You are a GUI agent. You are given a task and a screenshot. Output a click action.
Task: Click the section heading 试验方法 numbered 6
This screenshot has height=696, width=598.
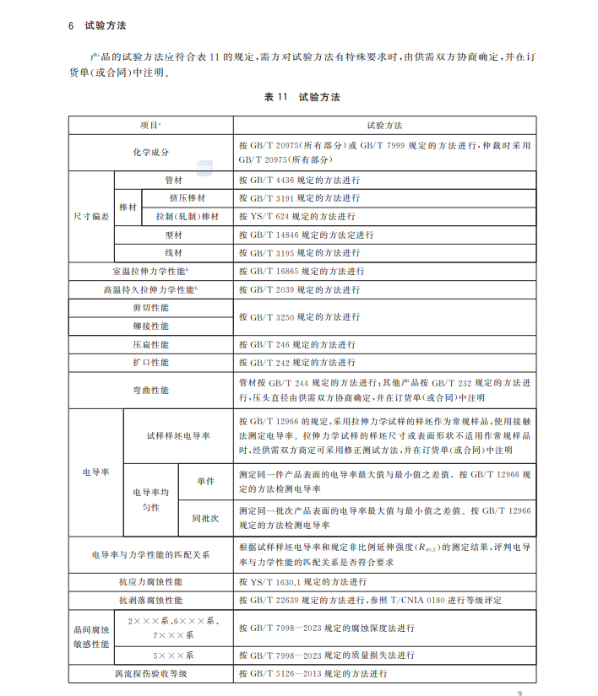click(x=106, y=25)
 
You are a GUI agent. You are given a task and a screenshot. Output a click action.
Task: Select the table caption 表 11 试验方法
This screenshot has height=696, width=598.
click(x=302, y=98)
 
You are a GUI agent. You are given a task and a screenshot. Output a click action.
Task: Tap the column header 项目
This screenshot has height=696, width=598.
click(x=150, y=125)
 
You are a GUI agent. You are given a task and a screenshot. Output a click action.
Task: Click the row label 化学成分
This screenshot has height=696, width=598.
click(x=150, y=152)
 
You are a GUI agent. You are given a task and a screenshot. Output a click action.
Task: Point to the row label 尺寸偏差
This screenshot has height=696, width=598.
click(x=90, y=216)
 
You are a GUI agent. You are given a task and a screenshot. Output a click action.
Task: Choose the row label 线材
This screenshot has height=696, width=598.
click(x=174, y=253)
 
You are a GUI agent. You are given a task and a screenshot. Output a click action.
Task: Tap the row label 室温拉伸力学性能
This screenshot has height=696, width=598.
click(x=150, y=272)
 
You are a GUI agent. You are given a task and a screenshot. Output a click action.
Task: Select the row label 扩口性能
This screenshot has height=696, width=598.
click(x=150, y=363)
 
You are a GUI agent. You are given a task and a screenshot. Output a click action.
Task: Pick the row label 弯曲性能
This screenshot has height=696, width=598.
click(x=150, y=391)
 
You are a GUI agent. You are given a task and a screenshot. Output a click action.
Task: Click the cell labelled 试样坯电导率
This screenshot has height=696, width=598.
click(x=178, y=435)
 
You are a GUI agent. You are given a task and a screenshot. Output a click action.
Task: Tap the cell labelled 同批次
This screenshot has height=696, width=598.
click(x=206, y=517)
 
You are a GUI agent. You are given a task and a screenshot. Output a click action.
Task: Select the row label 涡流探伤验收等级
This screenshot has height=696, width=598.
click(x=150, y=674)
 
